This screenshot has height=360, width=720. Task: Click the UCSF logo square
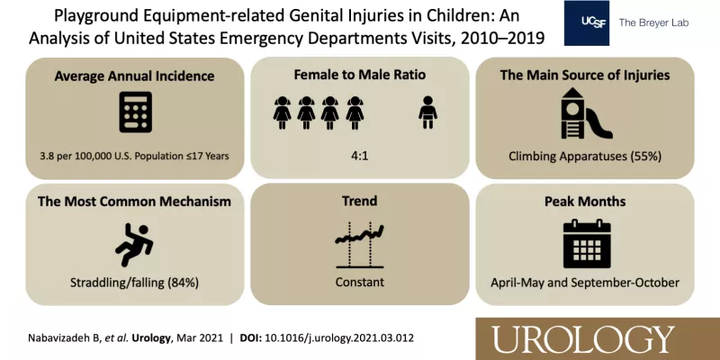[587, 23]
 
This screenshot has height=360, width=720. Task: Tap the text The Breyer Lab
[653, 22]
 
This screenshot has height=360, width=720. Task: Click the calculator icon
[136, 112]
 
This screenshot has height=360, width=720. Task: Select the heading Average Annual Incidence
[134, 76]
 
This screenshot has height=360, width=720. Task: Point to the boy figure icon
[428, 112]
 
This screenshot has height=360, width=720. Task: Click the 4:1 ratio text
[359, 156]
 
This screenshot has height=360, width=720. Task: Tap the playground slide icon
[587, 113]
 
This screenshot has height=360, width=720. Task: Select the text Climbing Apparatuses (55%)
[585, 157]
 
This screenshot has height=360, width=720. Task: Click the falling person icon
[134, 245]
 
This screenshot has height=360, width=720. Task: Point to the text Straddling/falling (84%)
[134, 283]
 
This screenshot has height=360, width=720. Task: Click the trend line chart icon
[360, 245]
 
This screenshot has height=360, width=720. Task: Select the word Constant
[359, 282]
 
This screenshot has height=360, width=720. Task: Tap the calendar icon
[587, 243]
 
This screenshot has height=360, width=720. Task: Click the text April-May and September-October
[584, 283]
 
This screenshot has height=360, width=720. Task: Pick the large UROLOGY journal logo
[584, 340]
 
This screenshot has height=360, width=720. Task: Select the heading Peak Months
[585, 202]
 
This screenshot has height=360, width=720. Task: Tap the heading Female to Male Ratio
[359, 75]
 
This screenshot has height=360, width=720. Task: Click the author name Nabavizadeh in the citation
[56, 338]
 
